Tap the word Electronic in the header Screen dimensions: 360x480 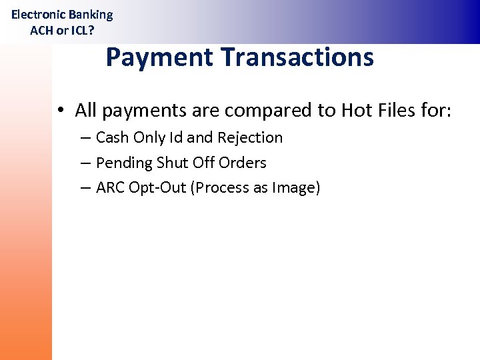click(x=38, y=15)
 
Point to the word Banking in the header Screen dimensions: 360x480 click(x=91, y=15)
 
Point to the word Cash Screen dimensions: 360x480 click(x=112, y=138)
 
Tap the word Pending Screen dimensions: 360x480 click(x=124, y=163)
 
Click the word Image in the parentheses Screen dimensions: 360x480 click(x=294, y=189)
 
